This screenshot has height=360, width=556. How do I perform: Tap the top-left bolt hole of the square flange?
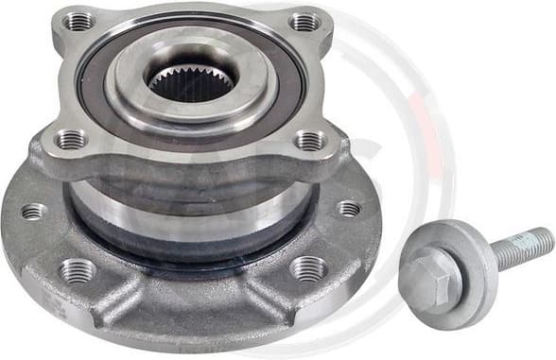pyautogui.click(x=78, y=20)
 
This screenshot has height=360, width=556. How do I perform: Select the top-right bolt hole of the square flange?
pyautogui.click(x=304, y=21)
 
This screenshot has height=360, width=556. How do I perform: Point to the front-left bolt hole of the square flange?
pyautogui.click(x=72, y=140)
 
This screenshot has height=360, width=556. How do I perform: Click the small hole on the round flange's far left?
pyautogui.click(x=33, y=211)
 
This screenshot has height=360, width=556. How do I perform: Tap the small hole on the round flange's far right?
pyautogui.click(x=349, y=208)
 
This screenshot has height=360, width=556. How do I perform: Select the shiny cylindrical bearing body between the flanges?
pyautogui.click(x=189, y=198)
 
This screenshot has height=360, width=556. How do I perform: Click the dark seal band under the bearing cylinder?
pyautogui.click(x=189, y=244)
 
